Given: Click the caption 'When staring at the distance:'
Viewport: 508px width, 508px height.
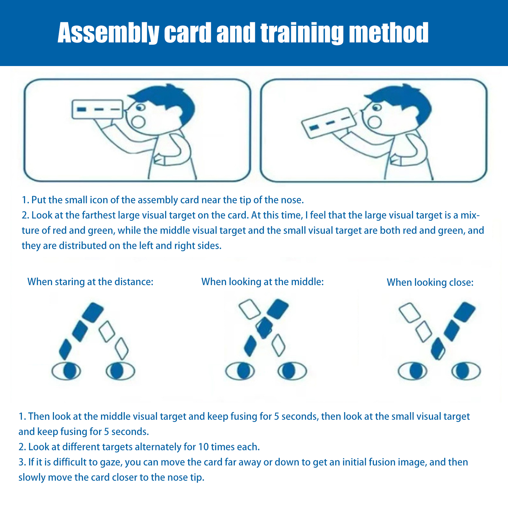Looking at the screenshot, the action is [x=90, y=282].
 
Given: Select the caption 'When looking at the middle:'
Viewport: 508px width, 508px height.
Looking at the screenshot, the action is [x=263, y=282].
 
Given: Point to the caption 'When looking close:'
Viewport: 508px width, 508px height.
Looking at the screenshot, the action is [x=430, y=282].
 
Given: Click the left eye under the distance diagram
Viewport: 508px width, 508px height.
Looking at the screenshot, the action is [x=66, y=371].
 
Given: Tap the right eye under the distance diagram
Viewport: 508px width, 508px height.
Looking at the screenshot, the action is [x=120, y=371].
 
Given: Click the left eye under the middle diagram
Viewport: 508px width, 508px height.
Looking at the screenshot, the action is [x=240, y=371].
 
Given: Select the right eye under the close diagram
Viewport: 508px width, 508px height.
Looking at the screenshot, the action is [x=466, y=371].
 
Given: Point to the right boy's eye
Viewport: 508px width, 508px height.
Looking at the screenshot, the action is [x=377, y=108].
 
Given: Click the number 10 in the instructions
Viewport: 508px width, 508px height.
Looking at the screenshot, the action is [x=203, y=447].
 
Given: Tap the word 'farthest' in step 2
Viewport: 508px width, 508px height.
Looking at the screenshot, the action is [x=98, y=215].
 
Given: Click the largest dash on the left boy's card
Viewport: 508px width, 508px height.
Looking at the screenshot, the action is [x=82, y=110].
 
